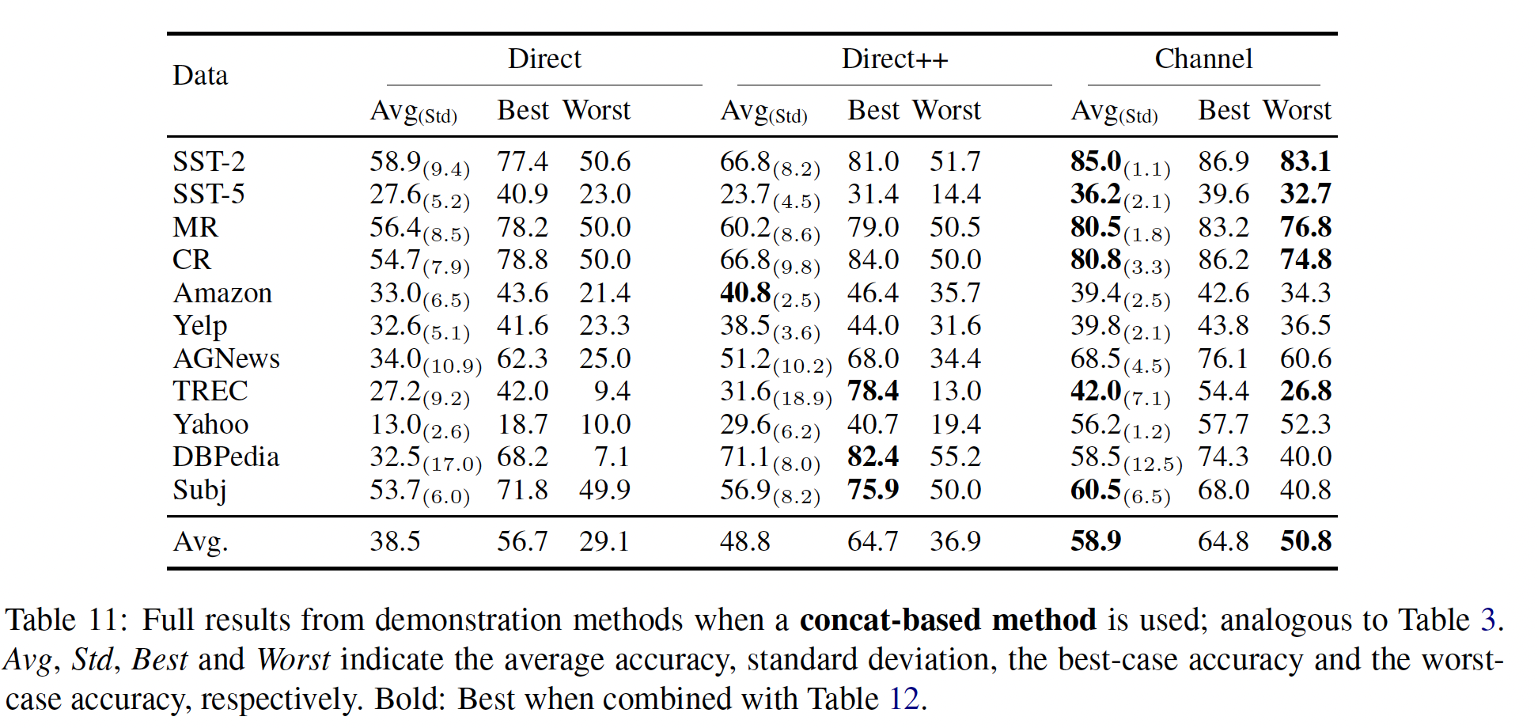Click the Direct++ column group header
[x=894, y=59]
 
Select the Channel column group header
[x=1203, y=59]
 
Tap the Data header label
[x=200, y=76]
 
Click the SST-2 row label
[x=209, y=161]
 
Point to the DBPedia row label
[x=226, y=457]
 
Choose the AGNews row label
[x=226, y=358]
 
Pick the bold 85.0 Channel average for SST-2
[x=1096, y=161]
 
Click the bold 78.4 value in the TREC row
[x=873, y=391]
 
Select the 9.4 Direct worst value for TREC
[x=612, y=391]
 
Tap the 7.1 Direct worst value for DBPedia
[x=612, y=457]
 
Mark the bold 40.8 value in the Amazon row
[x=745, y=293]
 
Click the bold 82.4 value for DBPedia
[x=873, y=457]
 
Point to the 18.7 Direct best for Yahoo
[x=522, y=424]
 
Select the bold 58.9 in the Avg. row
[x=1096, y=541]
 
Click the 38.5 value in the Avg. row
[x=395, y=541]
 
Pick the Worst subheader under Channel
[x=1297, y=110]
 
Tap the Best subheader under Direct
[x=522, y=110]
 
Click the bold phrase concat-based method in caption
[x=947, y=620]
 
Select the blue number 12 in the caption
[x=903, y=700]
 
